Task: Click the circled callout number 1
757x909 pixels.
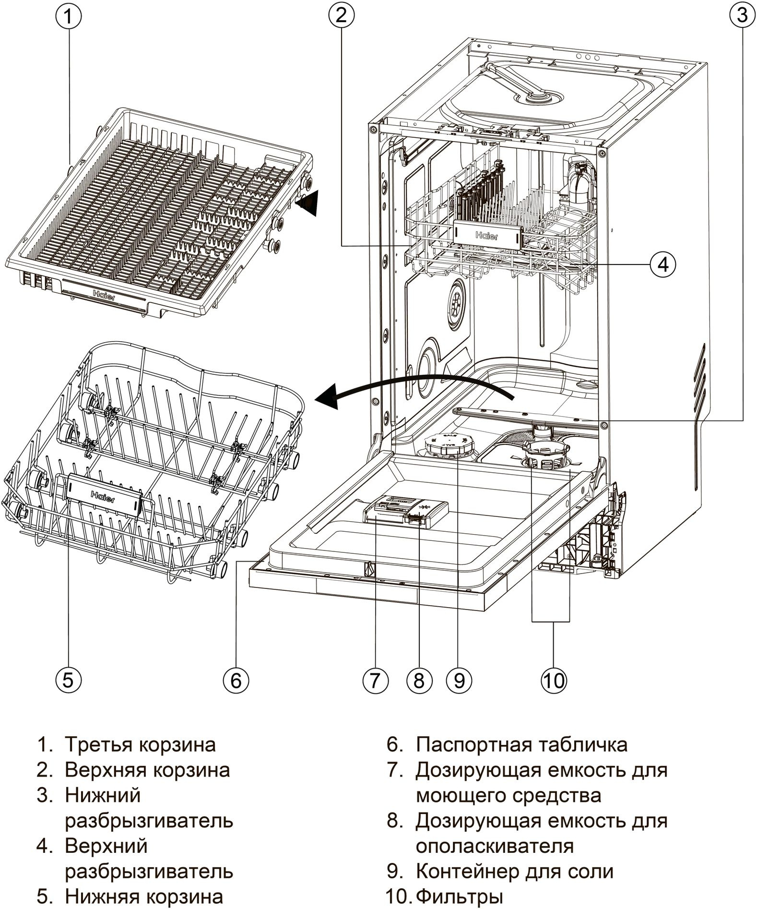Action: (x=68, y=17)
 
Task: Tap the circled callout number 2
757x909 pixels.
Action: (x=341, y=16)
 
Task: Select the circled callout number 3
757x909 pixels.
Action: (x=742, y=16)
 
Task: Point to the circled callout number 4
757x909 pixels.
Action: (x=663, y=263)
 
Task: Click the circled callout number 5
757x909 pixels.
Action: (x=68, y=680)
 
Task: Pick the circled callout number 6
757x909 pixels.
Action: (x=236, y=680)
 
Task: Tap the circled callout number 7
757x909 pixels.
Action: (x=375, y=680)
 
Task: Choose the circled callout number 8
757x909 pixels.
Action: (x=419, y=680)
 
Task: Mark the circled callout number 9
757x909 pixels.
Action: (x=459, y=680)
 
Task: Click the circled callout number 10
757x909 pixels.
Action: (x=554, y=680)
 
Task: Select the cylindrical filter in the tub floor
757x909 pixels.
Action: (x=546, y=456)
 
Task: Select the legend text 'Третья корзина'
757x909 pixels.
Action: (x=140, y=744)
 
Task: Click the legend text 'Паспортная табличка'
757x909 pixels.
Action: (x=521, y=744)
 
